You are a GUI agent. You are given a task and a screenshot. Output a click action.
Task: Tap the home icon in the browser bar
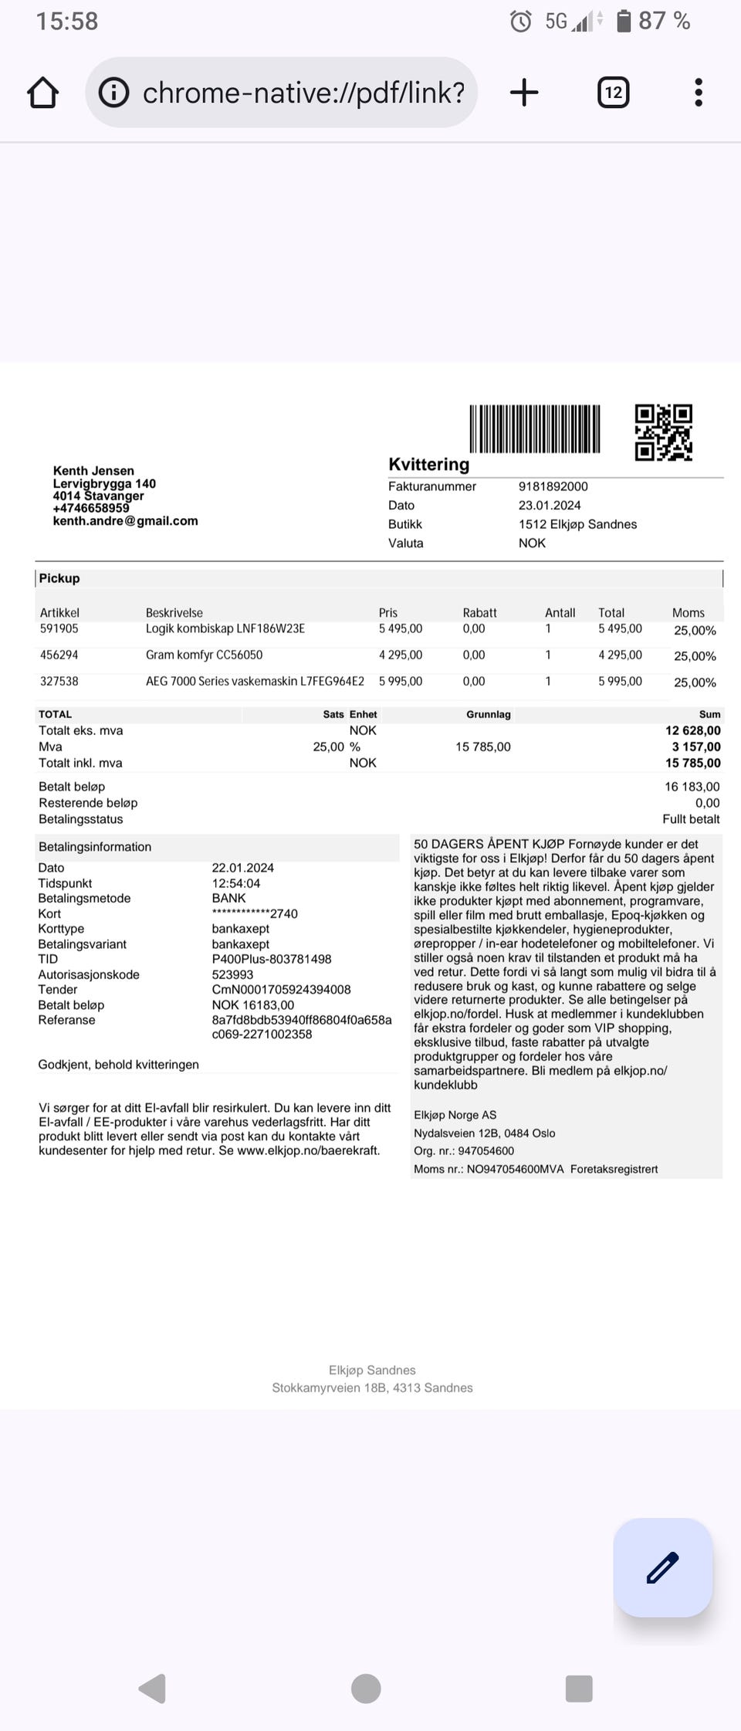(43, 93)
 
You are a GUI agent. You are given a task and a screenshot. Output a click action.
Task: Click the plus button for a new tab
(524, 93)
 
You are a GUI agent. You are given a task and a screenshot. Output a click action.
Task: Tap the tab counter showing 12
(613, 93)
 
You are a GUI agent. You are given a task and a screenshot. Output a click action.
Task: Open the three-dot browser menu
(698, 93)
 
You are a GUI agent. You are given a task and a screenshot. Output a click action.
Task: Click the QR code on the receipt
(663, 432)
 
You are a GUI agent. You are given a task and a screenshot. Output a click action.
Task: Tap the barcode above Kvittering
(535, 429)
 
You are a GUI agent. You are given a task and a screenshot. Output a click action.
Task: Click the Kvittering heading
(428, 464)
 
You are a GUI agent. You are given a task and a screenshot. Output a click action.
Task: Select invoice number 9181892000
(553, 486)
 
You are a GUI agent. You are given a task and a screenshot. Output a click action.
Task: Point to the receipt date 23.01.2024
(550, 505)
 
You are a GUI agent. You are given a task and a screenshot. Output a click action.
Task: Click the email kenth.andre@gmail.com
(125, 521)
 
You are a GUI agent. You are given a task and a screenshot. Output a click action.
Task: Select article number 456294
(59, 655)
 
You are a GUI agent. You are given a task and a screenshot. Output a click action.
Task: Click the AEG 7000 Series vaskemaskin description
(255, 681)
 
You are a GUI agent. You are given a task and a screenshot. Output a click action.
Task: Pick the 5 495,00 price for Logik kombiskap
(401, 628)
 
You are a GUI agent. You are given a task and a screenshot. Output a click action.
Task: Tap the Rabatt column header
(479, 612)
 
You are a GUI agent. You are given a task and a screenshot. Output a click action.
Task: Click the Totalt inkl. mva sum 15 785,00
(692, 763)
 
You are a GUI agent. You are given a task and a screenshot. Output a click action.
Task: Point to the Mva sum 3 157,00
(695, 747)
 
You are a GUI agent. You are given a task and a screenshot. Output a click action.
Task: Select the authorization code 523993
(232, 974)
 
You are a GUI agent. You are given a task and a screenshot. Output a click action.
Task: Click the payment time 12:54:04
(236, 883)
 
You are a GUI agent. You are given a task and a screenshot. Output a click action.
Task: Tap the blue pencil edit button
(662, 1567)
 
